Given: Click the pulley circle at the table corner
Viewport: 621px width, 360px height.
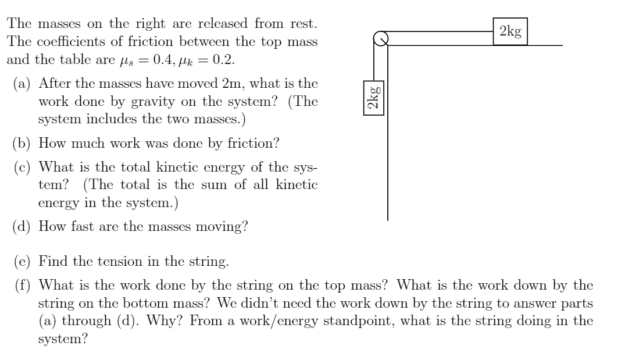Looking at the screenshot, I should click(x=380, y=38).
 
